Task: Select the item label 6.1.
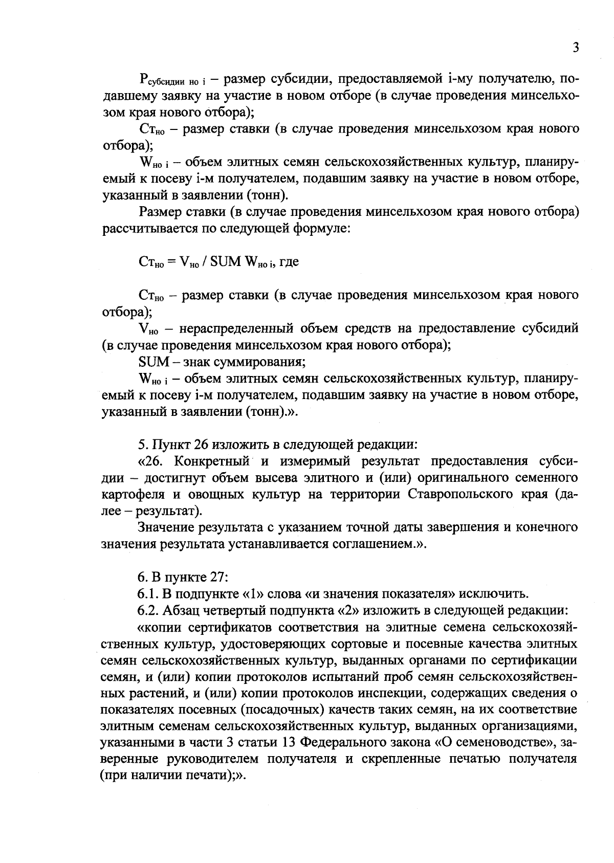click(147, 594)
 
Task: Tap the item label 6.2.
click(147, 610)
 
